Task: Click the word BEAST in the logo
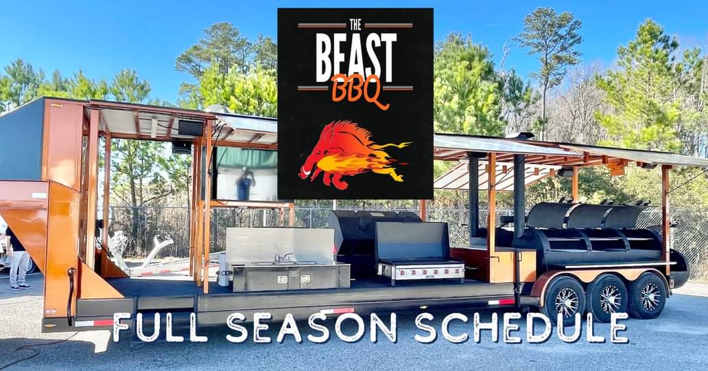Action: point(356,57)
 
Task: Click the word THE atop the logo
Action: point(355,25)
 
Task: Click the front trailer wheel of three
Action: point(565,300)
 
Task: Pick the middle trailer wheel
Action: point(608,298)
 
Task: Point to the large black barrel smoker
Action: point(596,238)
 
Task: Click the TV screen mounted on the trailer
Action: point(246,175)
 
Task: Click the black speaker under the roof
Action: point(191,128)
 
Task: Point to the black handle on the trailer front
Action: point(70,294)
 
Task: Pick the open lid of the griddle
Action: point(412,240)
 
